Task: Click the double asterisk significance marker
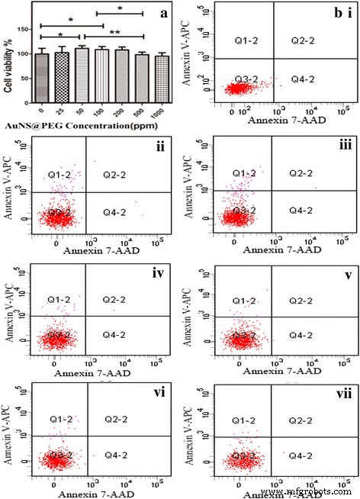click(114, 33)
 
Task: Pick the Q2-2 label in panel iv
click(117, 299)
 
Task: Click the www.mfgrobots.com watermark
click(316, 493)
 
